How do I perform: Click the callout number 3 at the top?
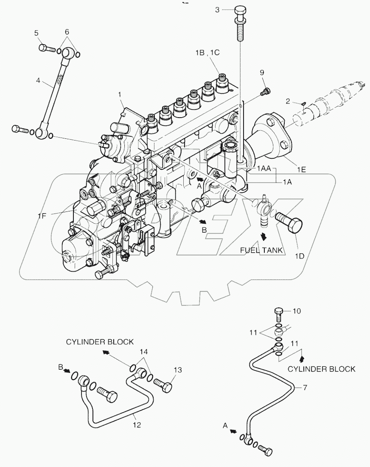point(217,10)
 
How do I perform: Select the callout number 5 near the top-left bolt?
point(36,33)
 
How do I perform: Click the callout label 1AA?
point(264,169)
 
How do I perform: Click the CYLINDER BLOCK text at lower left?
point(100,342)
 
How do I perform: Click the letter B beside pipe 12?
point(61,366)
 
